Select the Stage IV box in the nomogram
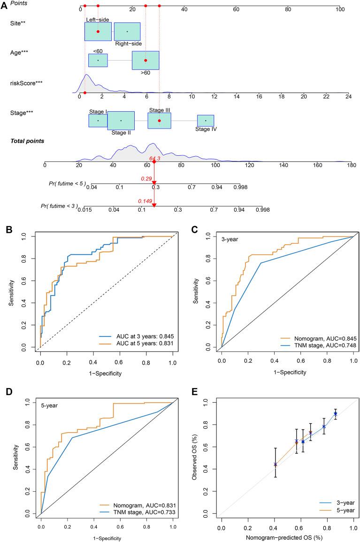tap(206, 121)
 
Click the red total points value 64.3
tap(155, 159)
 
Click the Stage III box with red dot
tap(159, 121)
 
